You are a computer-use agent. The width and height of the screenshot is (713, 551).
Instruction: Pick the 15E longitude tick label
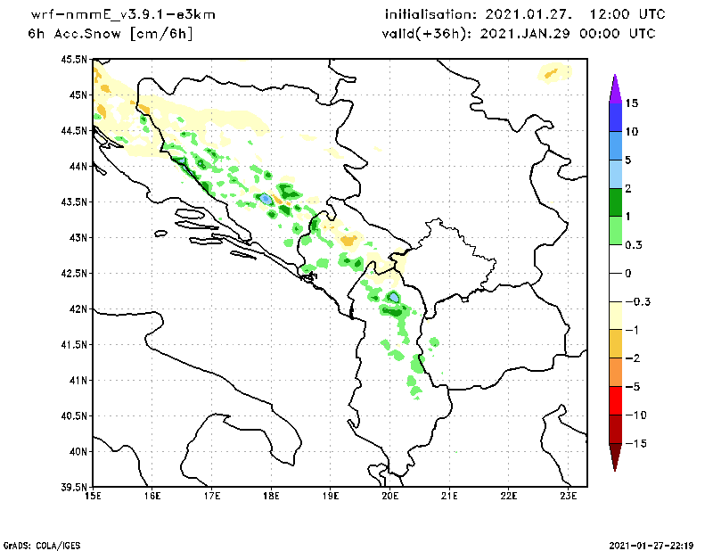pyautogui.click(x=92, y=497)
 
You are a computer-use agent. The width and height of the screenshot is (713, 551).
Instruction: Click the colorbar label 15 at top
pyautogui.click(x=632, y=103)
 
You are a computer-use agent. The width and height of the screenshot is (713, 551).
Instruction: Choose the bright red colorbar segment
pyautogui.click(x=614, y=400)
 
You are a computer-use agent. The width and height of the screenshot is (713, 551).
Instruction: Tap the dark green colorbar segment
pyautogui.click(x=614, y=202)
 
